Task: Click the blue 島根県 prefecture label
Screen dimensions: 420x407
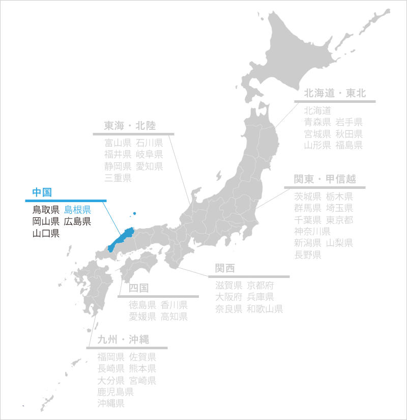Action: [77, 209]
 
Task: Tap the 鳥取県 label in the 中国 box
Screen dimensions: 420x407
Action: [46, 209]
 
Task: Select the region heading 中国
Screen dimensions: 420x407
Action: [42, 192]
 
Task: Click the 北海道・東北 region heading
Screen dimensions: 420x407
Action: [335, 93]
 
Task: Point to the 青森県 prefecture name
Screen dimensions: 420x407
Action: [317, 122]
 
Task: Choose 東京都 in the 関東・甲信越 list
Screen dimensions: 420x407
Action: [339, 220]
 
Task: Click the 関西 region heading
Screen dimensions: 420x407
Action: [224, 268]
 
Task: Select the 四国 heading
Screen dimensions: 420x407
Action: [138, 288]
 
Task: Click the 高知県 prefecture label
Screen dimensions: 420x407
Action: [175, 317]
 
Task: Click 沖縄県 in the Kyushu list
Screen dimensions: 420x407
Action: [111, 404]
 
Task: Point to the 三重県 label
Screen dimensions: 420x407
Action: [118, 178]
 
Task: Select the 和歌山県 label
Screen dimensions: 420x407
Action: [265, 309]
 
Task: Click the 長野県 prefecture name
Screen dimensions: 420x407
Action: [307, 254]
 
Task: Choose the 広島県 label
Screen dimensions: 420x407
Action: [77, 221]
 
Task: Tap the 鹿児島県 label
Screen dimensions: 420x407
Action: [115, 392]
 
